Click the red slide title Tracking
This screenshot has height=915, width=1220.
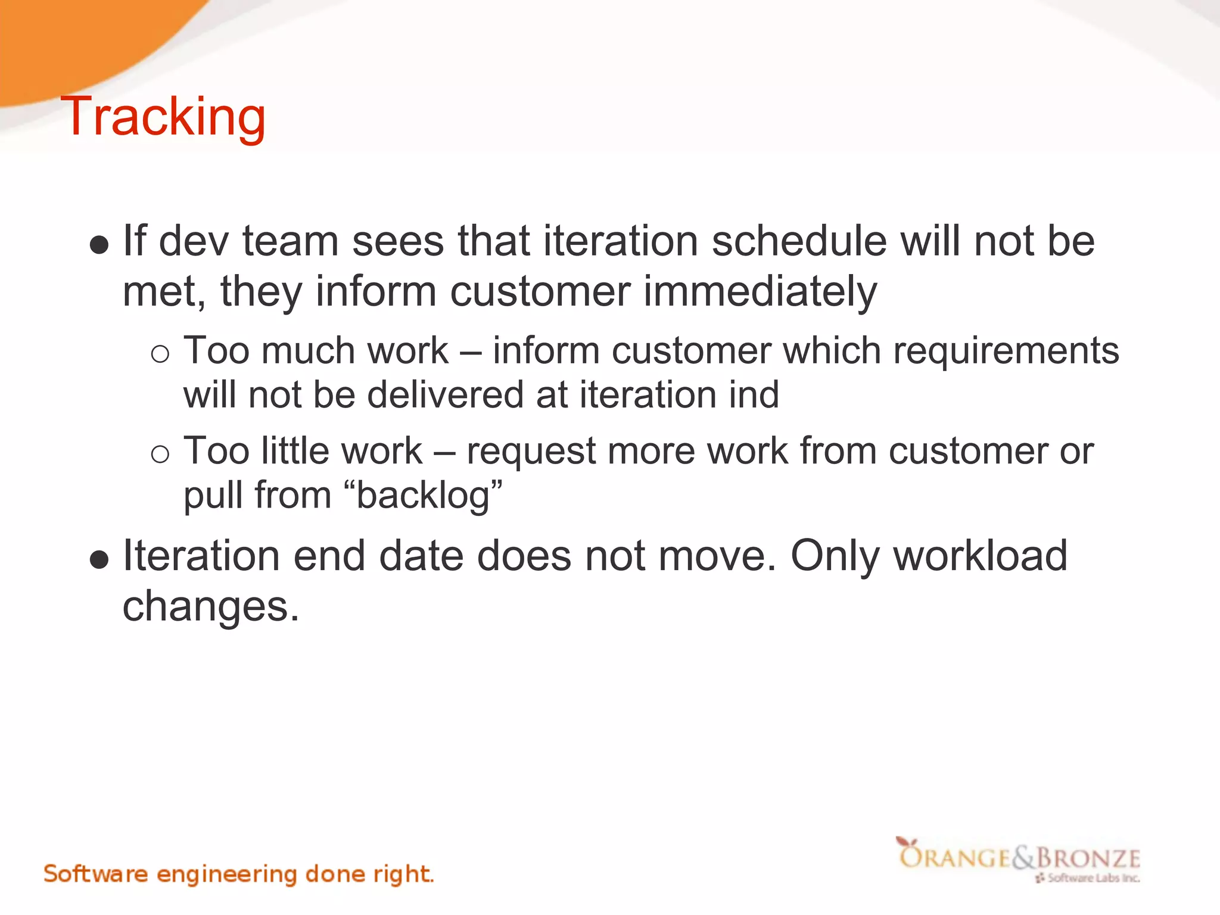coord(163,117)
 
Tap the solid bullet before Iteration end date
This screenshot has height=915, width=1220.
coord(99,559)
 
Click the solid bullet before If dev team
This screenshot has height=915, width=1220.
coord(99,245)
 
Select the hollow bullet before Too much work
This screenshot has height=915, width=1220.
coord(160,354)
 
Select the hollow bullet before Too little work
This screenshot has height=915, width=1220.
coord(160,455)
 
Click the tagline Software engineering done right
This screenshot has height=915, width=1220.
coord(238,874)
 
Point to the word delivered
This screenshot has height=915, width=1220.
coord(446,395)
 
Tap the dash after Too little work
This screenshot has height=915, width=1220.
coord(444,452)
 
